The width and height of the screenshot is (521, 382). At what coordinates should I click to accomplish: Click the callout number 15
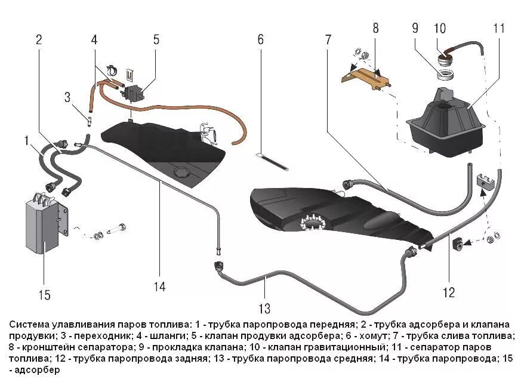44,295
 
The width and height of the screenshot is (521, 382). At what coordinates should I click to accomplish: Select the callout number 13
264,309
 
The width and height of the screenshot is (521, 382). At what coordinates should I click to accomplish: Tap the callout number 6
260,40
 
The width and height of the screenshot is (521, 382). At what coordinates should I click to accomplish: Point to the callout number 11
499,28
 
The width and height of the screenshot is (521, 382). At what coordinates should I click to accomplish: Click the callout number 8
375,28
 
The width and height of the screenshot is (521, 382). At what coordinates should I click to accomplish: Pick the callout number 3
67,97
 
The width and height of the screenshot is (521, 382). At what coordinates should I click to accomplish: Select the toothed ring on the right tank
313,223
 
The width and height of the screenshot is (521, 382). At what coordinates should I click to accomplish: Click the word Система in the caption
29,325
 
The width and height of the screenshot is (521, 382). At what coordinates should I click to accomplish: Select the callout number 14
159,287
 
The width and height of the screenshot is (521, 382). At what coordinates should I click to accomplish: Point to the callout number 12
448,292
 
